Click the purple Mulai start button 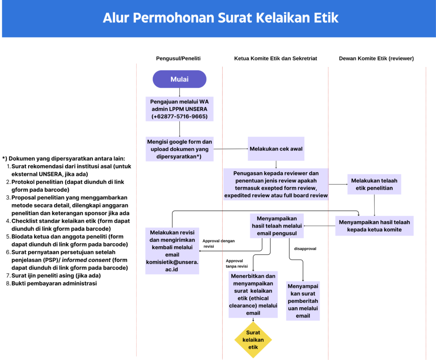(x=179, y=79)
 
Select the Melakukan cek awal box (x=276, y=149)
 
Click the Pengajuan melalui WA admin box (x=179, y=109)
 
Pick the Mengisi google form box (x=179, y=149)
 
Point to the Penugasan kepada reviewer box (x=276, y=184)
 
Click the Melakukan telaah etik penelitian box (x=374, y=184)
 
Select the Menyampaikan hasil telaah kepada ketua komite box (x=374, y=226)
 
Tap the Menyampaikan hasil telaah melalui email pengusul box (x=277, y=226)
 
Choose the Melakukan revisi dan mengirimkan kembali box (x=172, y=251)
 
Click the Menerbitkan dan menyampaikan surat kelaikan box (x=253, y=294)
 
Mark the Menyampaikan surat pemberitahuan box (x=303, y=301)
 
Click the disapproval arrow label (x=305, y=248)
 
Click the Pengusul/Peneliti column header (x=178, y=58)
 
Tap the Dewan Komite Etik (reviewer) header (x=376, y=58)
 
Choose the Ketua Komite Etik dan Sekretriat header (x=275, y=58)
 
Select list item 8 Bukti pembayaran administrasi (x=54, y=283)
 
